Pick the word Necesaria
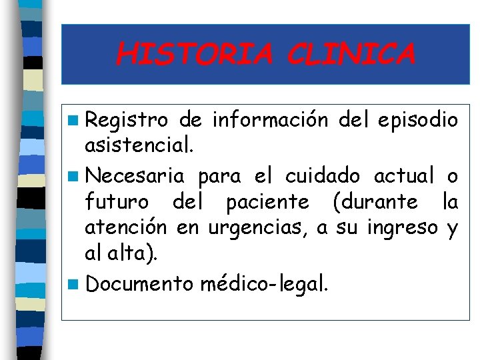tap(135, 176)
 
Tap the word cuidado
tap(322, 176)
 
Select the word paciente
tap(267, 202)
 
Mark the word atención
tap(125, 228)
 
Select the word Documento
tap(140, 284)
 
